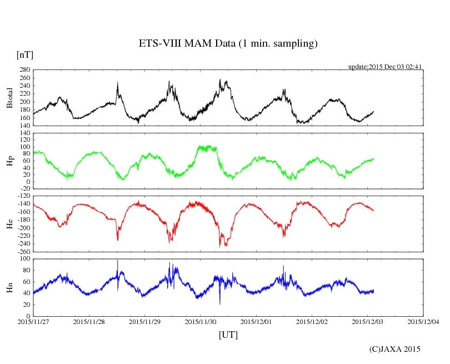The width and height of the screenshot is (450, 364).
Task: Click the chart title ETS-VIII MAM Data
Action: pyautogui.click(x=228, y=43)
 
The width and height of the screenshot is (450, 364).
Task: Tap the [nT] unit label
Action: pyautogui.click(x=24, y=54)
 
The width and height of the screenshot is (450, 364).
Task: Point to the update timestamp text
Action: pyautogui.click(x=385, y=66)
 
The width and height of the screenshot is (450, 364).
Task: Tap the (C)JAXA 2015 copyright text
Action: pyautogui.click(x=395, y=349)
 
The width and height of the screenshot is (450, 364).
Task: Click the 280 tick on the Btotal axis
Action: pyautogui.click(x=24, y=70)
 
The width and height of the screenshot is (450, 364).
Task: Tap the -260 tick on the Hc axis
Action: pyautogui.click(x=23, y=251)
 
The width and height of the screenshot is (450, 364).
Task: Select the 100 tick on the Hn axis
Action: pyautogui.click(x=24, y=259)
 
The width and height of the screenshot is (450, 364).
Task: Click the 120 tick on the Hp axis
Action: pyautogui.click(x=24, y=133)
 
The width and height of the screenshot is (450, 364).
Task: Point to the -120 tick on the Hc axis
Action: pyautogui.click(x=23, y=197)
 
